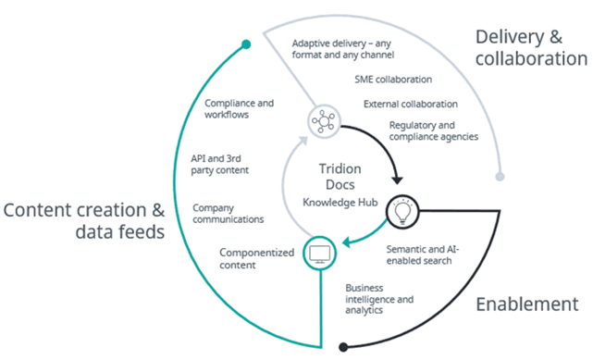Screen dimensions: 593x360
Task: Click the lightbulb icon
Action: point(402,212)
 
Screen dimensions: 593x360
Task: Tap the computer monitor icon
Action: point(319,254)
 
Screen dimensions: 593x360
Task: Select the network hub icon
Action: point(324,121)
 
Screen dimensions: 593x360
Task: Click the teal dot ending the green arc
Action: point(246,44)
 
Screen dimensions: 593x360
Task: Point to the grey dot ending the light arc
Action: point(500,177)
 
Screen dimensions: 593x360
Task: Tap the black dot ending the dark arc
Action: point(343,347)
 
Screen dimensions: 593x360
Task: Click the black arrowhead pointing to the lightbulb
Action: point(397,180)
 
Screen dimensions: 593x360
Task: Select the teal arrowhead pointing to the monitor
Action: point(347,242)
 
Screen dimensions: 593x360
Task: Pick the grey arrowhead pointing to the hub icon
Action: point(303,141)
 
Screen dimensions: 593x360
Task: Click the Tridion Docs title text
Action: point(340,177)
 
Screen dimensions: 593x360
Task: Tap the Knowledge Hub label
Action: point(340,203)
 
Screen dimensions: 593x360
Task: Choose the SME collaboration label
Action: point(393,80)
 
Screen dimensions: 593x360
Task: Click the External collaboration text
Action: point(411,104)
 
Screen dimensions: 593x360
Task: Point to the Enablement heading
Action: point(527,304)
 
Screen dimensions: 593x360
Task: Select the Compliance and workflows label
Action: point(239,109)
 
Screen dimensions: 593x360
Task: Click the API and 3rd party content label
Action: point(220,165)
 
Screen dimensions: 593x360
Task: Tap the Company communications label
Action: point(229,214)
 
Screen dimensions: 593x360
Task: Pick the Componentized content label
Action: point(257,258)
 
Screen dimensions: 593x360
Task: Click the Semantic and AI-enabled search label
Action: point(423,254)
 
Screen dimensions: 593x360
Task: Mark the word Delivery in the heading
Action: point(510,37)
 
